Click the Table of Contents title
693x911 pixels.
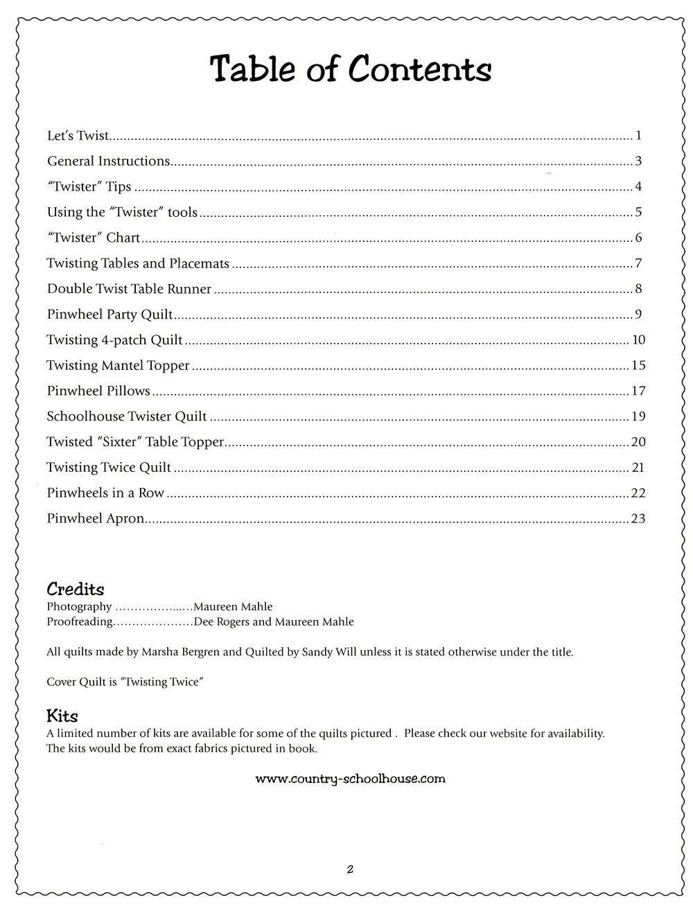click(x=351, y=71)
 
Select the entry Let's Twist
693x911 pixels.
click(x=78, y=136)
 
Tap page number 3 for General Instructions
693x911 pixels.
click(x=638, y=161)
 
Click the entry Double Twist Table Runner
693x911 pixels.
click(x=129, y=289)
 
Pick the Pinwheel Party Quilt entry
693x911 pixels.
click(x=109, y=315)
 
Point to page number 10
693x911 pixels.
click(x=638, y=340)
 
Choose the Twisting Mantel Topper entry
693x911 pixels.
click(x=118, y=366)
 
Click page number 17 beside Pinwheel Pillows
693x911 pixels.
click(x=638, y=391)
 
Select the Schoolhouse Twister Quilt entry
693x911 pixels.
click(x=127, y=417)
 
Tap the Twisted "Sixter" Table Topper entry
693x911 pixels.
click(x=135, y=442)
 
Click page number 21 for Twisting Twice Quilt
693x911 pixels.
click(x=638, y=468)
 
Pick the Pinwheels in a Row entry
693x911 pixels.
click(x=105, y=493)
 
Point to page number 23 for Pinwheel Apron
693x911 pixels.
click(x=638, y=519)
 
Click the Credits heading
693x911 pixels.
click(x=75, y=590)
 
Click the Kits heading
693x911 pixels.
click(x=62, y=716)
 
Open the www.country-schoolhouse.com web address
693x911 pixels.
click(x=350, y=779)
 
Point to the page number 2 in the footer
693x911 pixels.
click(x=350, y=869)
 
